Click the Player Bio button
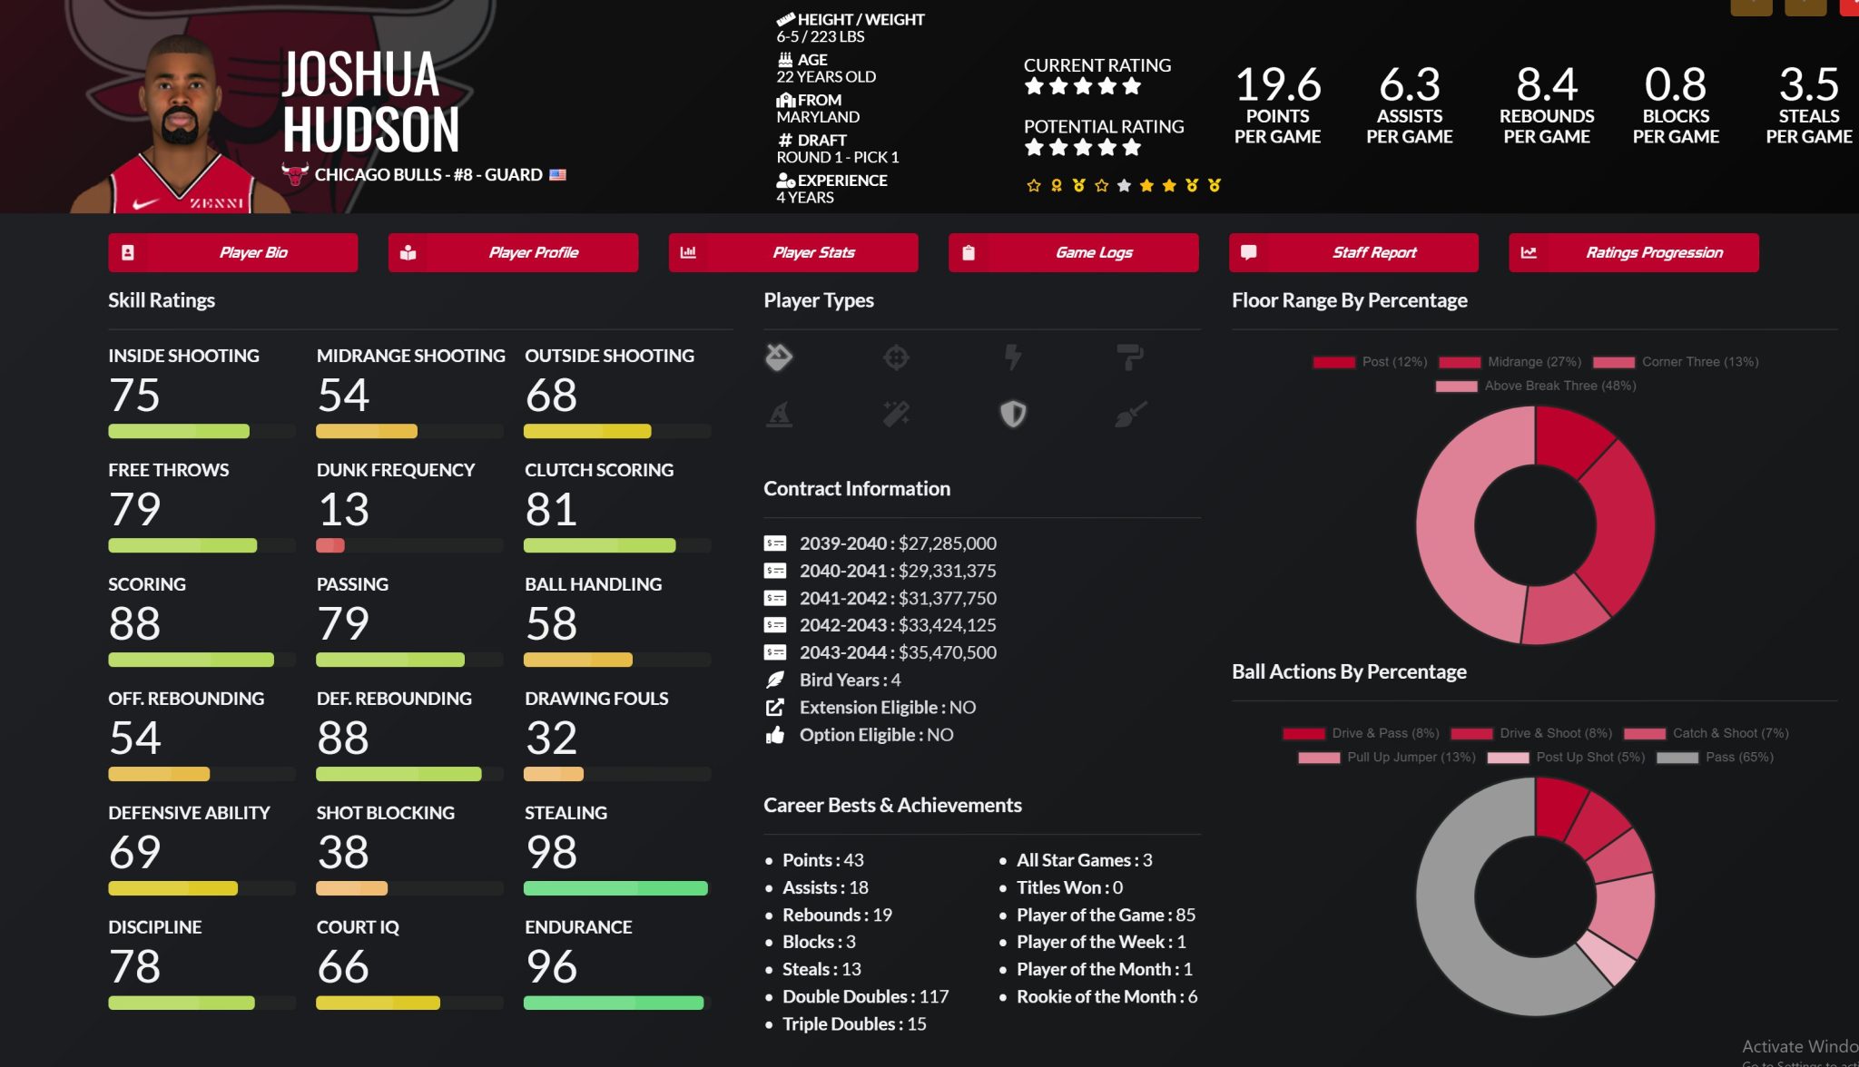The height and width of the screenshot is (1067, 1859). click(232, 252)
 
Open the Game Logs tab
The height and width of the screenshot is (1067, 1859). click(1073, 252)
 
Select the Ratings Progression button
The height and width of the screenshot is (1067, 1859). click(1633, 252)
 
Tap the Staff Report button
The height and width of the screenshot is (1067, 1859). click(1353, 252)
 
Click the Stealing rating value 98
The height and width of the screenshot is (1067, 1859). click(551, 852)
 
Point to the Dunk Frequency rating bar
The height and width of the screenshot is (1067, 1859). click(408, 545)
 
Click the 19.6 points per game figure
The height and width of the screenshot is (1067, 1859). click(1277, 85)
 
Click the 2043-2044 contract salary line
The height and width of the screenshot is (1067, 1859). click(897, 652)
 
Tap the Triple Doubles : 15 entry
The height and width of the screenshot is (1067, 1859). click(853, 1023)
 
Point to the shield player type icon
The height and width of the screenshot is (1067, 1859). click(1013, 414)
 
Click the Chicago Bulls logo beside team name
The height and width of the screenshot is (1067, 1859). click(295, 173)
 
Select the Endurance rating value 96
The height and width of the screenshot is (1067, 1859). click(551, 966)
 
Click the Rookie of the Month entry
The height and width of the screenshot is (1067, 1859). click(1106, 996)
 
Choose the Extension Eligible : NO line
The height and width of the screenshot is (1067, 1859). click(887, 707)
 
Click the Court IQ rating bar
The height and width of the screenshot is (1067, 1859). click(408, 1003)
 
